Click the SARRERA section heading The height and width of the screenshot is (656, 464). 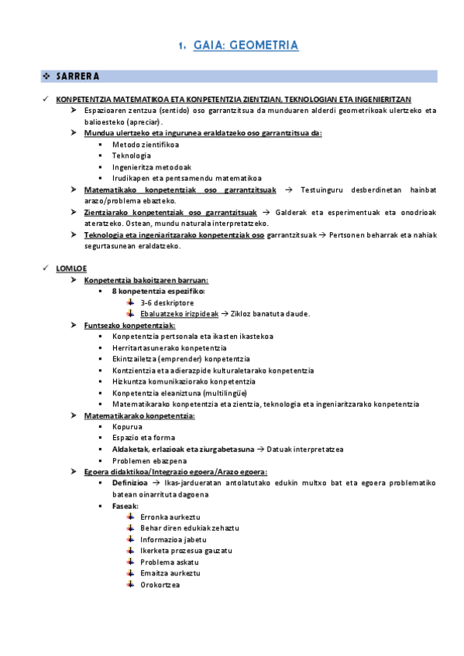click(77, 76)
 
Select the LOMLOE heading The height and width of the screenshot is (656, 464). click(70, 268)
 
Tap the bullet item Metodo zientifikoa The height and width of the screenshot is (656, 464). click(146, 145)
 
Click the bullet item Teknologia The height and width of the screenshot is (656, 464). click(132, 155)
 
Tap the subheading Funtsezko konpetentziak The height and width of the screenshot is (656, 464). click(129, 325)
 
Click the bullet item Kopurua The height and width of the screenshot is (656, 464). click(127, 426)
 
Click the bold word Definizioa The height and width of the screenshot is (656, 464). click(130, 483)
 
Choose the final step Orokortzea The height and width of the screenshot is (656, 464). click(160, 584)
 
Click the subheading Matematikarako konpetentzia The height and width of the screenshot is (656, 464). click(139, 415)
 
